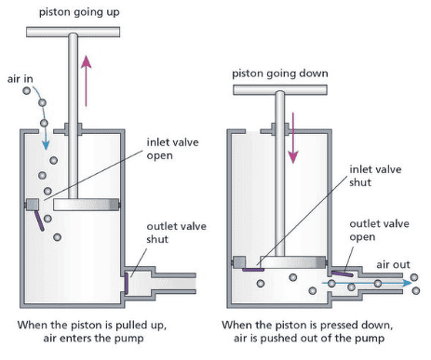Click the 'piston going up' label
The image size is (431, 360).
tap(79, 12)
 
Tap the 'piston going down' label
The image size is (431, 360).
tap(280, 73)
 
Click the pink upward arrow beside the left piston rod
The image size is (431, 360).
tap(87, 81)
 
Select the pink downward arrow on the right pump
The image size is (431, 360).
tap(293, 138)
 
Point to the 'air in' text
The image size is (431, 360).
tap(20, 79)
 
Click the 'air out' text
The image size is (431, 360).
tap(393, 264)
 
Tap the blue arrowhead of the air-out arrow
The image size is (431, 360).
tap(408, 283)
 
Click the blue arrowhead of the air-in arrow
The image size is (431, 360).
tap(46, 145)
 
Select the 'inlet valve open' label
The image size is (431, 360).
tap(172, 149)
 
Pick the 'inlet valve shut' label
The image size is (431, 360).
tap(375, 176)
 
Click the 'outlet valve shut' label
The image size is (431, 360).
tap(176, 233)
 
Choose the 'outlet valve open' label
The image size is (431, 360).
tap(379, 230)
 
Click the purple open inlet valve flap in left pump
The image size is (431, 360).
tap(39, 220)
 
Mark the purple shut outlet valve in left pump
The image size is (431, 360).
tap(127, 283)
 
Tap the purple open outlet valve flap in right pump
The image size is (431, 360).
tap(343, 273)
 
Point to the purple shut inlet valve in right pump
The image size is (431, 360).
tap(253, 270)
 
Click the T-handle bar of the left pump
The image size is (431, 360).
tap(74, 32)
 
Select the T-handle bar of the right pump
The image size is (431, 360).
tap(280, 90)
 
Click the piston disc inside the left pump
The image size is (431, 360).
tap(86, 205)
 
